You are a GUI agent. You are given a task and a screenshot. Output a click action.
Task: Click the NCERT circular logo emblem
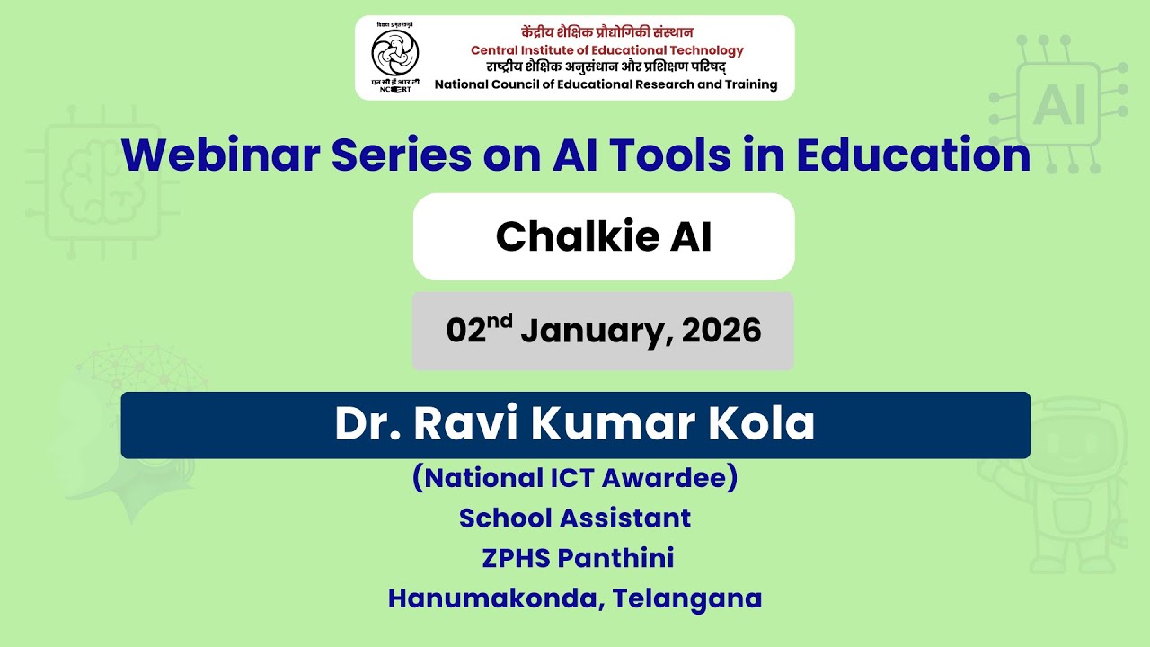(395, 53)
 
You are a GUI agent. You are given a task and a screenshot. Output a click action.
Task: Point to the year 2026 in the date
(721, 332)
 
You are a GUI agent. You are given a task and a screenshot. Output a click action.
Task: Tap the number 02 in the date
(466, 332)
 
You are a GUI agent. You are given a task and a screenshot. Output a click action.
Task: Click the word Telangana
(687, 598)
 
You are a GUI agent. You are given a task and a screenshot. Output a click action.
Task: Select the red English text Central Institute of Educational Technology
(607, 50)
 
